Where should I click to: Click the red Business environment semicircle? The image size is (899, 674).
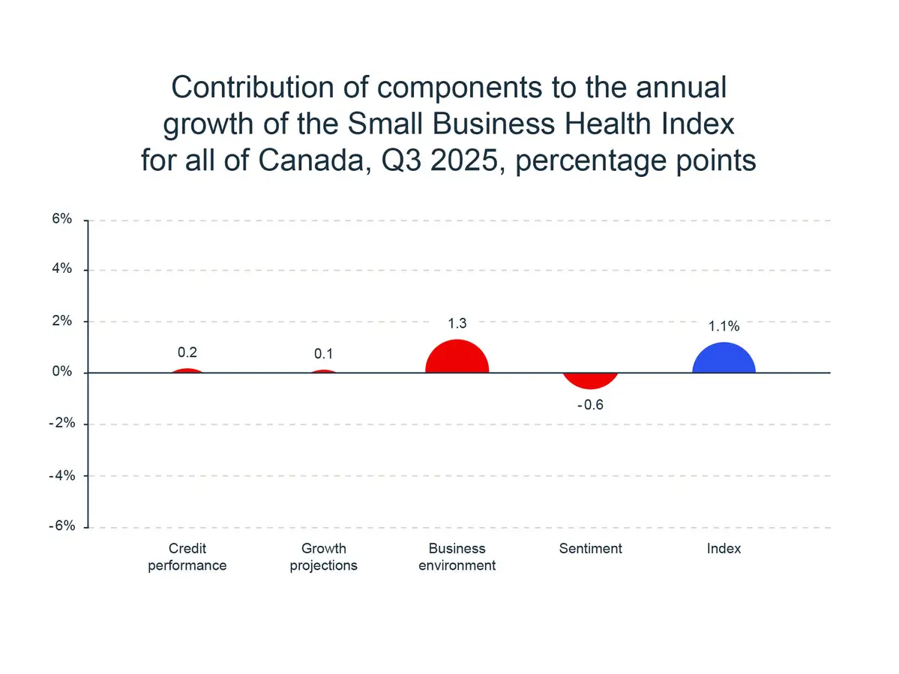[457, 358]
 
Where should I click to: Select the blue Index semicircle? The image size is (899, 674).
[724, 360]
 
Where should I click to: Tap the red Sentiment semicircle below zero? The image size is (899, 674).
[591, 379]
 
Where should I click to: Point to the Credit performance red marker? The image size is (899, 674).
[187, 370]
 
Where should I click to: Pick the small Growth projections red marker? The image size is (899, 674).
[323, 371]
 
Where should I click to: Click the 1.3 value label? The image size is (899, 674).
[457, 324]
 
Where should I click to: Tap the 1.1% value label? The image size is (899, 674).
[724, 326]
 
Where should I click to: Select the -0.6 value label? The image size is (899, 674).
[590, 406]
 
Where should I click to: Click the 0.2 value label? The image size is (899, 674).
[187, 352]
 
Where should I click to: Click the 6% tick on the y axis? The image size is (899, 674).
[62, 219]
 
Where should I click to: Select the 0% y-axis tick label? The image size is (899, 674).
[62, 373]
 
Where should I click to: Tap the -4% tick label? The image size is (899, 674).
[60, 475]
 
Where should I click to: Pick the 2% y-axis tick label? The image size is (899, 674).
[62, 321]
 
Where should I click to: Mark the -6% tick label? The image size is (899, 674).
[60, 526]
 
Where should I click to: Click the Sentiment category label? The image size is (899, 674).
[591, 549]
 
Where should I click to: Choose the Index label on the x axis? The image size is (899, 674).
[724, 549]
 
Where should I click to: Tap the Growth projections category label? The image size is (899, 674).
[323, 557]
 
